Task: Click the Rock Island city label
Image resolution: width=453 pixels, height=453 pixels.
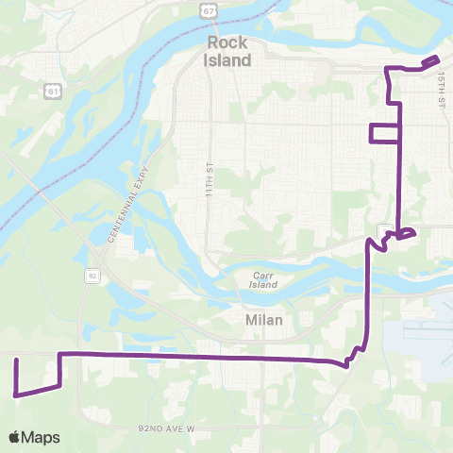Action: (227, 52)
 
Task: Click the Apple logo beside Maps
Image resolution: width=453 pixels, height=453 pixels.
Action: (15, 437)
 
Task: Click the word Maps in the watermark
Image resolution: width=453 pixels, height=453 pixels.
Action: (42, 437)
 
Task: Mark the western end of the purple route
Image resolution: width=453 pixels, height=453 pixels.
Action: (16, 360)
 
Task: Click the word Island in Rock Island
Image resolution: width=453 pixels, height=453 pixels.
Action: (227, 60)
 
